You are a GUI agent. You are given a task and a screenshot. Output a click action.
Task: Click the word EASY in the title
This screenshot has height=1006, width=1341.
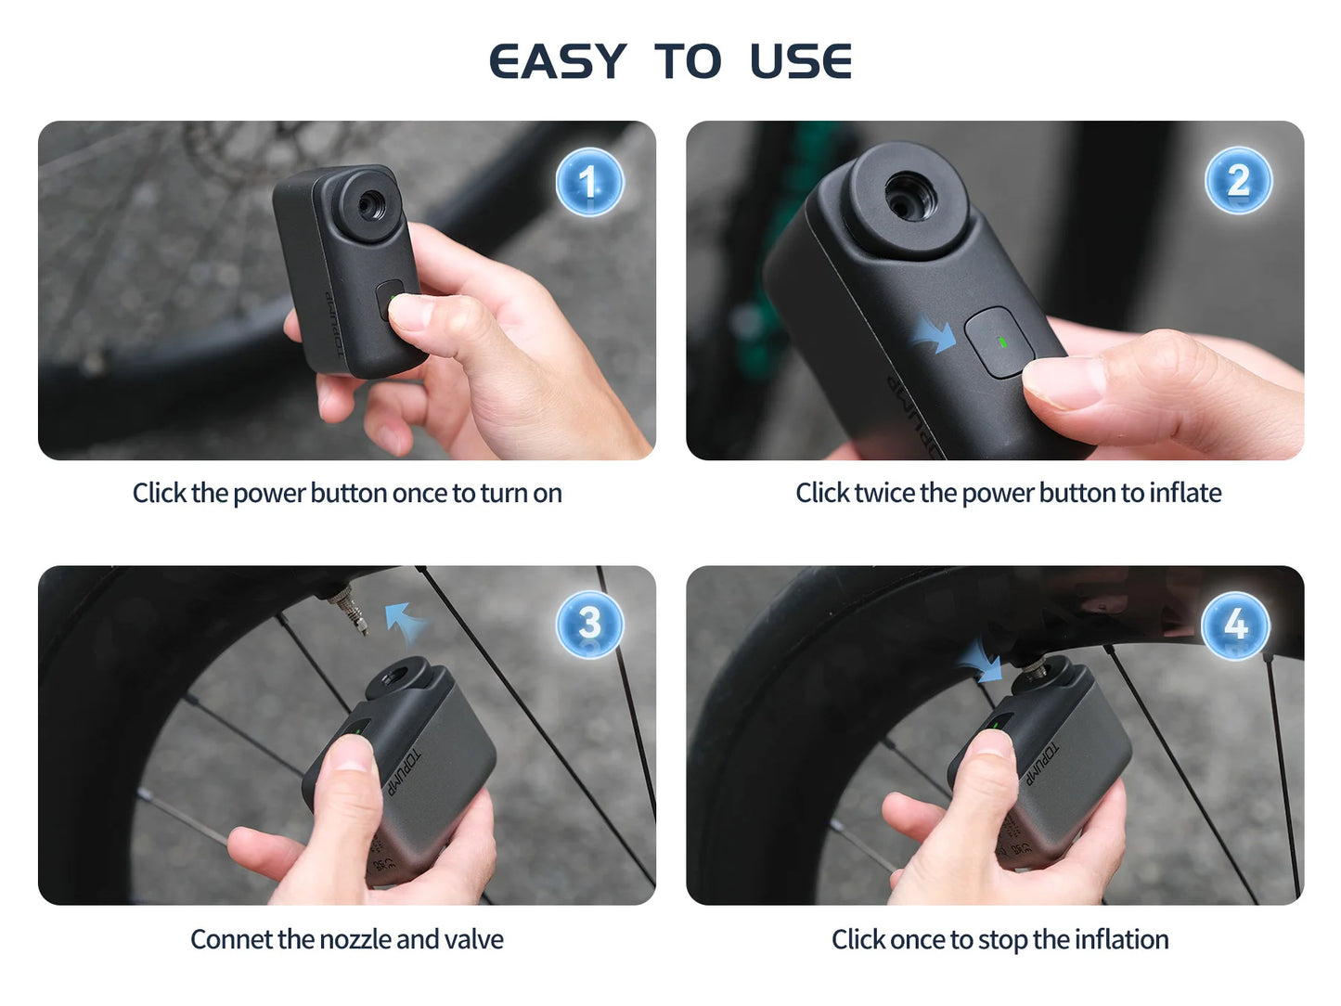[x=558, y=62]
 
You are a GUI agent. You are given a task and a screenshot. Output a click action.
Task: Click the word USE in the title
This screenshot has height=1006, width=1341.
[x=800, y=62]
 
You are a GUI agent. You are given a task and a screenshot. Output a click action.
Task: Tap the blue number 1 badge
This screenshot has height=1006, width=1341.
[x=589, y=182]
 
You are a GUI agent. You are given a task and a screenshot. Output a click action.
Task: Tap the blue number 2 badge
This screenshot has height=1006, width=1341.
[x=1238, y=181]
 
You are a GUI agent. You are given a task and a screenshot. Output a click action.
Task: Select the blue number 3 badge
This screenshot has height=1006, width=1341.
[x=589, y=624]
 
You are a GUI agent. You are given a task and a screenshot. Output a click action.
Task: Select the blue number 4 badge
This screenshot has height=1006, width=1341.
[x=1235, y=625]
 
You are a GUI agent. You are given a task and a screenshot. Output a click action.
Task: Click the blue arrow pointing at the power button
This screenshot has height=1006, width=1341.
[x=934, y=333]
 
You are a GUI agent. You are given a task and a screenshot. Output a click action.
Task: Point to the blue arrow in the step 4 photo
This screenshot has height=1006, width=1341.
[x=980, y=660]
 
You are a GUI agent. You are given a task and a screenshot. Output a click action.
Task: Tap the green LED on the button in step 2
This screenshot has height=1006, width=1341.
[x=1001, y=342]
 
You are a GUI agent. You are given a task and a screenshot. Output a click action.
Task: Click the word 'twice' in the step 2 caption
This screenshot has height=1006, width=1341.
[x=883, y=493]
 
